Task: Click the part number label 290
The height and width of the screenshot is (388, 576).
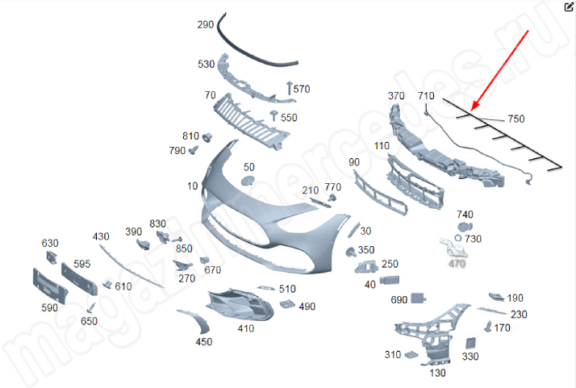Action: point(206,25)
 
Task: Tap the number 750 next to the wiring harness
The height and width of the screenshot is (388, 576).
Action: point(515,119)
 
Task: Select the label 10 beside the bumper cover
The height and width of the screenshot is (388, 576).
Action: point(192,186)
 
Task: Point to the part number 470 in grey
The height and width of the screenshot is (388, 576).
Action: point(457,263)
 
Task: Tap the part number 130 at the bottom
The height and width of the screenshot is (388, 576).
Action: point(438,373)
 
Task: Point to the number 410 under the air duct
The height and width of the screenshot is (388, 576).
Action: point(245,328)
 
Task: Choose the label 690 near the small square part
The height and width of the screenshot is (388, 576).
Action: point(399,299)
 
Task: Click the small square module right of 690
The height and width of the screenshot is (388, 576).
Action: point(419,298)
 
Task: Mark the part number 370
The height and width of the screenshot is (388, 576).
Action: point(396,96)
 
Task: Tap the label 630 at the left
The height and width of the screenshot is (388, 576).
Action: point(50,243)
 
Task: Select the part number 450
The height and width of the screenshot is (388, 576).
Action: point(204,342)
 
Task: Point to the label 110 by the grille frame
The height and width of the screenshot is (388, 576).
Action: point(382,147)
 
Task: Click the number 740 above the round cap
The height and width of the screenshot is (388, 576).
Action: point(465,214)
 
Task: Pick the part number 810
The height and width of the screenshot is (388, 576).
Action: point(190,136)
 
